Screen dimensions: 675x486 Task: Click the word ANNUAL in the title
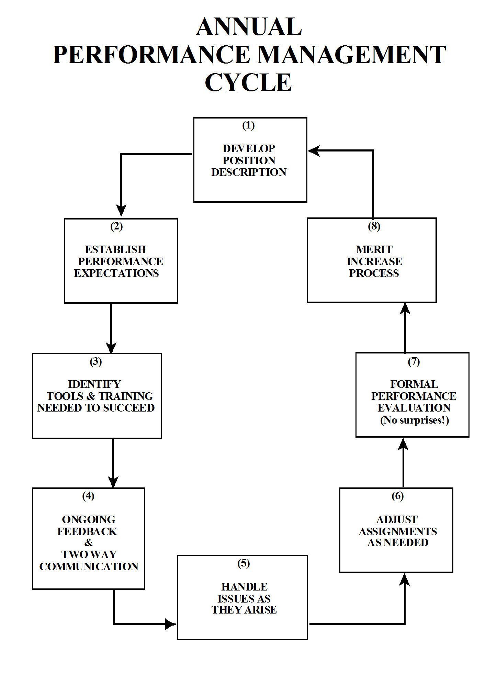(249, 27)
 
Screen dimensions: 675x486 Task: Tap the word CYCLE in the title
(248, 82)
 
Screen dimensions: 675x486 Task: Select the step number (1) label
(248, 126)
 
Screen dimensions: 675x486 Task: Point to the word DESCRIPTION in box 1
(249, 172)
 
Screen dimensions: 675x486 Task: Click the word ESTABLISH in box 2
(115, 249)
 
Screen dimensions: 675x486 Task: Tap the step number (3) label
(96, 362)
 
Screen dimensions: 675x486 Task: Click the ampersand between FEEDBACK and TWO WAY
(89, 543)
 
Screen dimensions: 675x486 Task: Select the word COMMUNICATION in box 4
(89, 566)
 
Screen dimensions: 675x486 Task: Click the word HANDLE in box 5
(244, 587)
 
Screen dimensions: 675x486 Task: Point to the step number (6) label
(397, 496)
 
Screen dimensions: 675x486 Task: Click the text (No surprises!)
(414, 420)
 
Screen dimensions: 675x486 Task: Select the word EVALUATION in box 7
(414, 408)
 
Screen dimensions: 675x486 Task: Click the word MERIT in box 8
(374, 249)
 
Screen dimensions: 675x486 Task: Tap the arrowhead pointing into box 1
(314, 150)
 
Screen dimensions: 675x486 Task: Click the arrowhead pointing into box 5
(170, 624)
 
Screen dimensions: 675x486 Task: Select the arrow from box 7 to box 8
(406, 328)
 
